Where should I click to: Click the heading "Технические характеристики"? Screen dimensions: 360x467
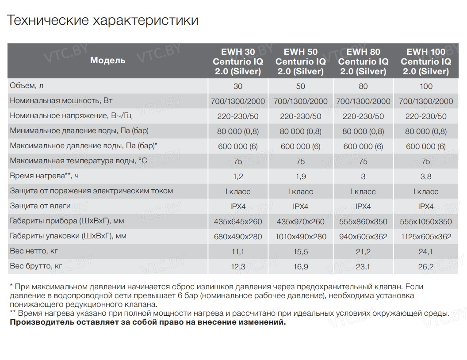click(103, 20)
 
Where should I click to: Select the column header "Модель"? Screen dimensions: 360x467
click(107, 61)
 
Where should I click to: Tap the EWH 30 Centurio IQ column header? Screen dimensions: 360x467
click(238, 61)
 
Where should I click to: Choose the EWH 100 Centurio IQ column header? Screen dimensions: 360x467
click(426, 61)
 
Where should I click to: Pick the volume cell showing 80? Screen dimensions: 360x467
click(363, 86)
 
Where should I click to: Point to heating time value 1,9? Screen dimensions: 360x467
click(300, 176)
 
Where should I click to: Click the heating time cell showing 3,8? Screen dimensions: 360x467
click(426, 176)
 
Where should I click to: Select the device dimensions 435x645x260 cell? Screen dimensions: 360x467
click(238, 222)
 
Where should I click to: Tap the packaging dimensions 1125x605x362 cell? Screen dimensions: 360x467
click(426, 237)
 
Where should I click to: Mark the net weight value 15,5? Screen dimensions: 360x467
click(300, 252)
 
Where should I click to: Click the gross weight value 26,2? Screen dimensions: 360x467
click(426, 267)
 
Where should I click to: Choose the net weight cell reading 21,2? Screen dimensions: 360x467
click(363, 252)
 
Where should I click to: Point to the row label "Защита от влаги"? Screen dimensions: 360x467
click(40, 206)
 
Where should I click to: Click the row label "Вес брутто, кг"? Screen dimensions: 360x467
click(36, 266)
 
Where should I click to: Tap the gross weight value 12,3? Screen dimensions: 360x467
click(238, 267)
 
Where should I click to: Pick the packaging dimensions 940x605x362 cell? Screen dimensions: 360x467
click(363, 237)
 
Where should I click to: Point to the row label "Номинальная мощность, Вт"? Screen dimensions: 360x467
click(61, 101)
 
